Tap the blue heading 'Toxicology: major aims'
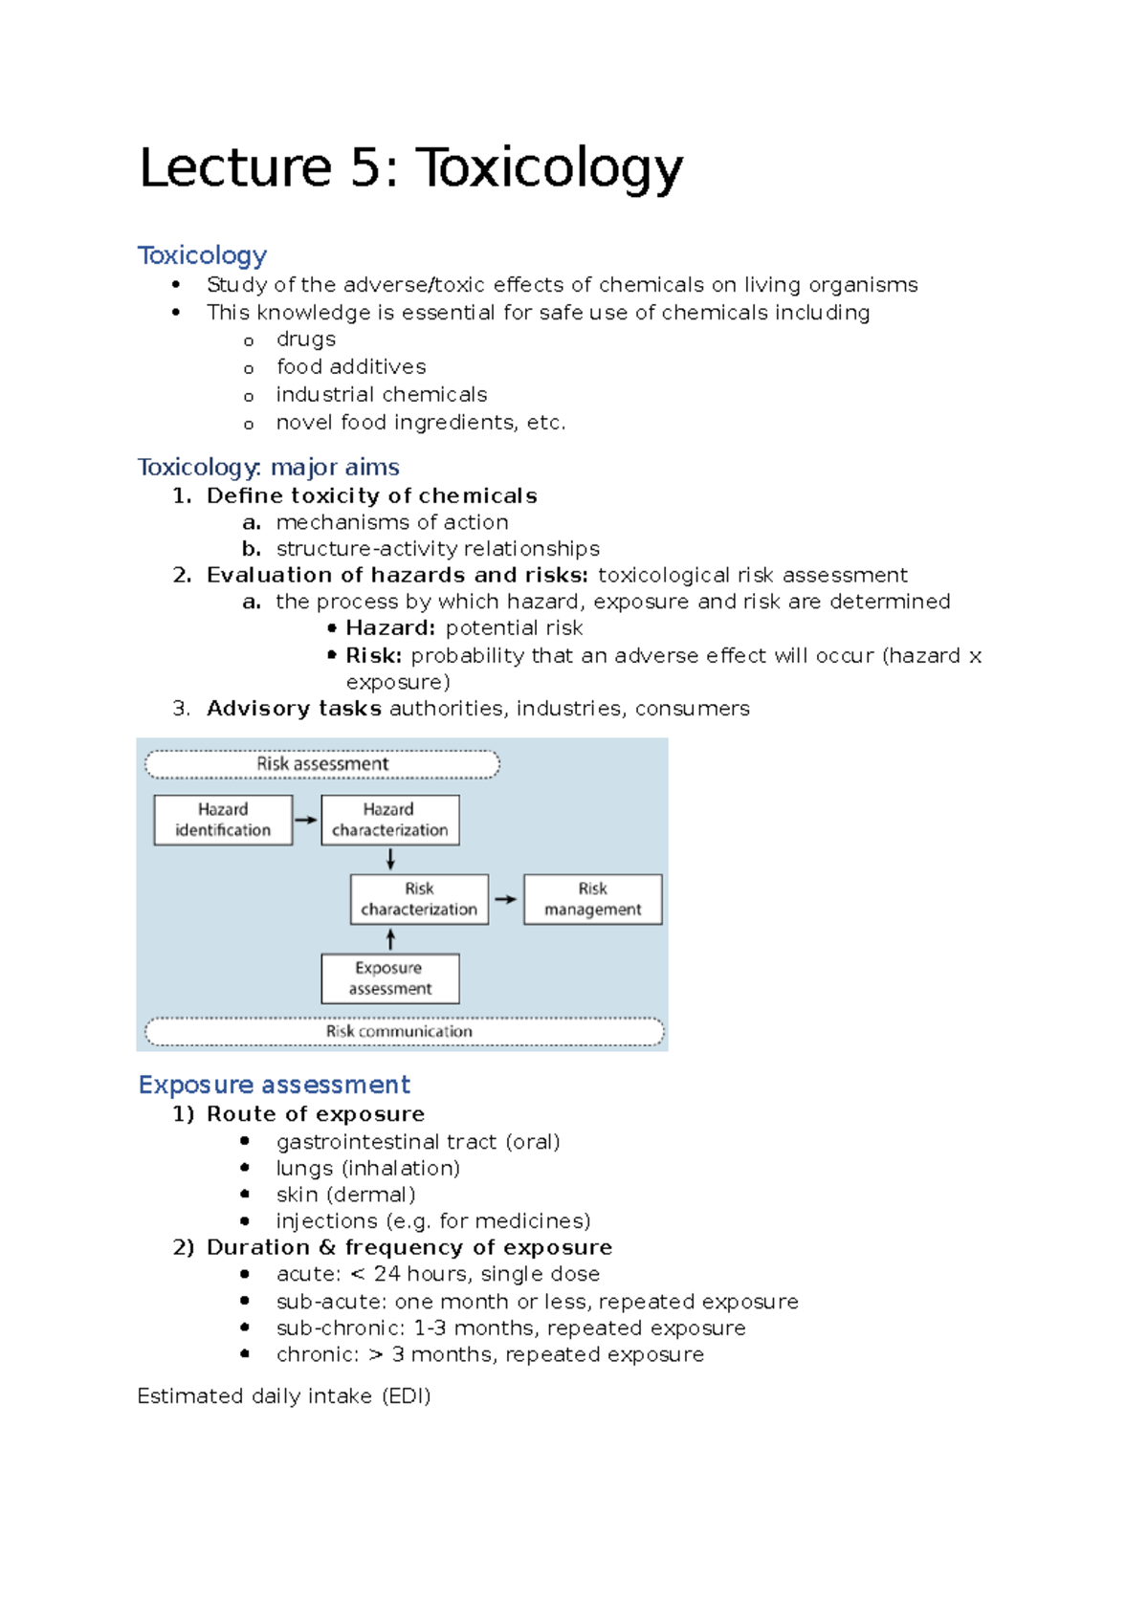tap(268, 467)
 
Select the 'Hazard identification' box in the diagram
tap(223, 820)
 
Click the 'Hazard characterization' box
tap(389, 820)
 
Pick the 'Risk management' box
tap(592, 899)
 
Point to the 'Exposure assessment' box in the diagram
tap(389, 977)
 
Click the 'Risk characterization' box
tap(419, 899)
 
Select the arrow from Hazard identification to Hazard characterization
tap(306, 820)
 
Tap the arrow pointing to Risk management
tap(506, 899)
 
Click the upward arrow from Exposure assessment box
tap(390, 939)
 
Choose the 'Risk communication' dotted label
tap(400, 1031)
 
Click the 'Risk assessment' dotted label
tap(322, 764)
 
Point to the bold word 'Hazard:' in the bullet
tap(390, 628)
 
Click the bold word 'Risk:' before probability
tap(374, 656)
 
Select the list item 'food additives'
tap(351, 367)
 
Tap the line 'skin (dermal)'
tap(345, 1195)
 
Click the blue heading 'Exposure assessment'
tap(274, 1085)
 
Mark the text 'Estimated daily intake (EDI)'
tap(283, 1396)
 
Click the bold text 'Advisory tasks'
tap(294, 709)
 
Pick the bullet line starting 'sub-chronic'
tap(510, 1328)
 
